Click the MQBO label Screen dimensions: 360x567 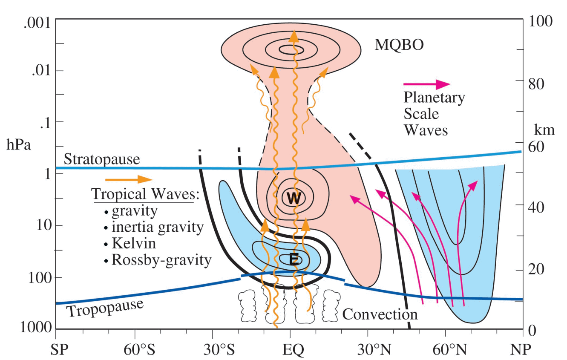399,45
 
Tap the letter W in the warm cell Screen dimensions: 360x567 293,198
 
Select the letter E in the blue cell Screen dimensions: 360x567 294,259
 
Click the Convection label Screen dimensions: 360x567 380,314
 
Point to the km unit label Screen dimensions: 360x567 545,130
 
